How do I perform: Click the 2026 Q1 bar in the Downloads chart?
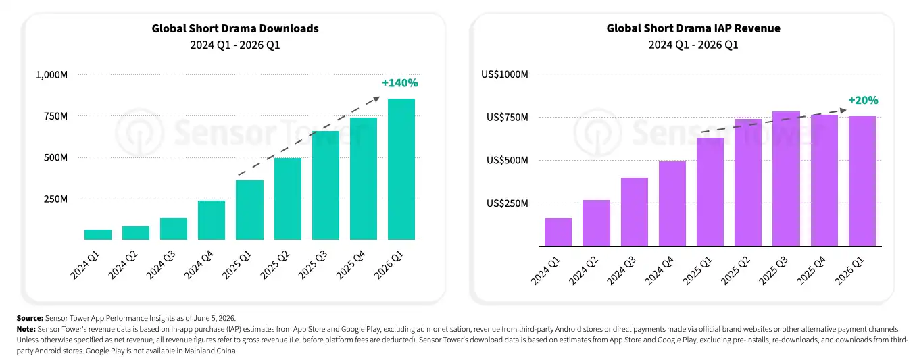[401, 169]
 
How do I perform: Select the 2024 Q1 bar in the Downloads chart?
[98, 234]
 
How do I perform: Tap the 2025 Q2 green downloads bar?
[288, 199]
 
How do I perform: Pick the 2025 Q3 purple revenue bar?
[786, 179]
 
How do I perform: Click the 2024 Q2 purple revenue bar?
[597, 223]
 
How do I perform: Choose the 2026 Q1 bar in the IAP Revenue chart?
[862, 181]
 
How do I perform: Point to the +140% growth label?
[400, 83]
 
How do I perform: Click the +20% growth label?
[863, 100]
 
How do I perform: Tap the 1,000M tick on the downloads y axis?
[52, 75]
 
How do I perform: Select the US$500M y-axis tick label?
[507, 160]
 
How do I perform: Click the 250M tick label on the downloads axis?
[55, 199]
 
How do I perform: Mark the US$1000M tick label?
[505, 74]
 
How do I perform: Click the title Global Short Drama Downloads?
[235, 28]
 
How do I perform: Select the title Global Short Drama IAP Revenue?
[693, 28]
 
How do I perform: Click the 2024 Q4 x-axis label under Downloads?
[199, 265]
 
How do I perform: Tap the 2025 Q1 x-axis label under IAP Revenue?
[697, 271]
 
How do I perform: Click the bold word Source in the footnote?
[30, 318]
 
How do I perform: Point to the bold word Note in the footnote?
[26, 329]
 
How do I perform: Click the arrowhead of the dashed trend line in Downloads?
[376, 99]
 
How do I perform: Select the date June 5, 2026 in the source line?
[214, 318]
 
